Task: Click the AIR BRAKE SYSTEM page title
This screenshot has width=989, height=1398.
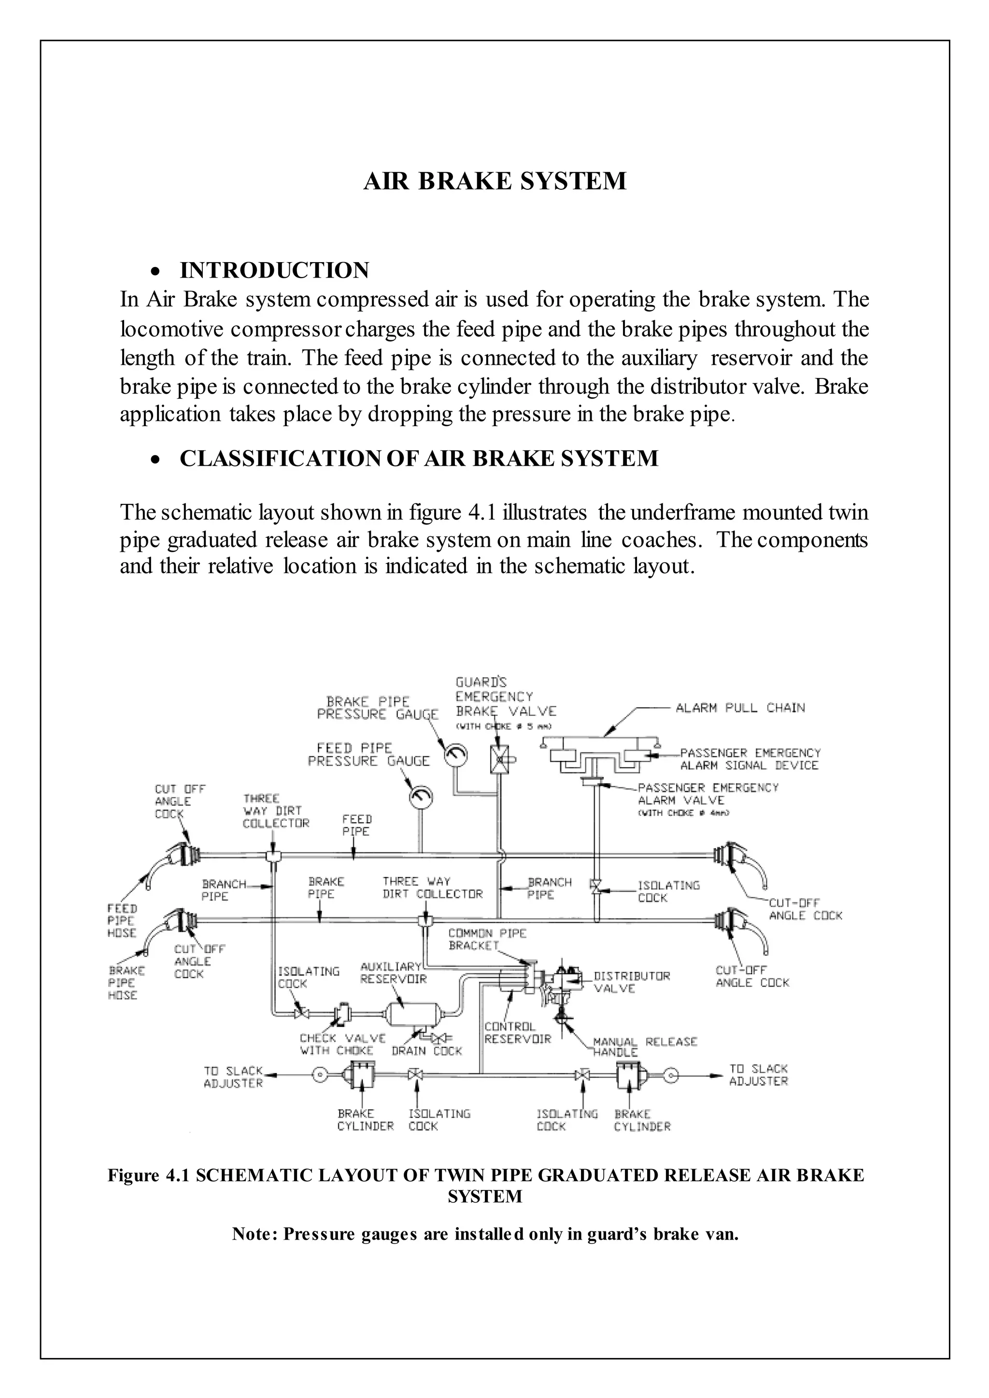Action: point(494,182)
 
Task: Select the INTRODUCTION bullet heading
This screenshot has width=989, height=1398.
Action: point(274,270)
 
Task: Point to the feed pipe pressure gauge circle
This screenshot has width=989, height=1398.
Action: point(420,797)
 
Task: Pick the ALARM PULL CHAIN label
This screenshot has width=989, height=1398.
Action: point(740,708)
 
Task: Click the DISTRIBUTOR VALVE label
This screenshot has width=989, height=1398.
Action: point(632,981)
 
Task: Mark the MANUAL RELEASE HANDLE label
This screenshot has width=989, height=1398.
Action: point(644,1046)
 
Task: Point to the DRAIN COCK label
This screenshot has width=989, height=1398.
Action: point(426,1051)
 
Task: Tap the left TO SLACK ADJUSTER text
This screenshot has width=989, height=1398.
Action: point(233,1076)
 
